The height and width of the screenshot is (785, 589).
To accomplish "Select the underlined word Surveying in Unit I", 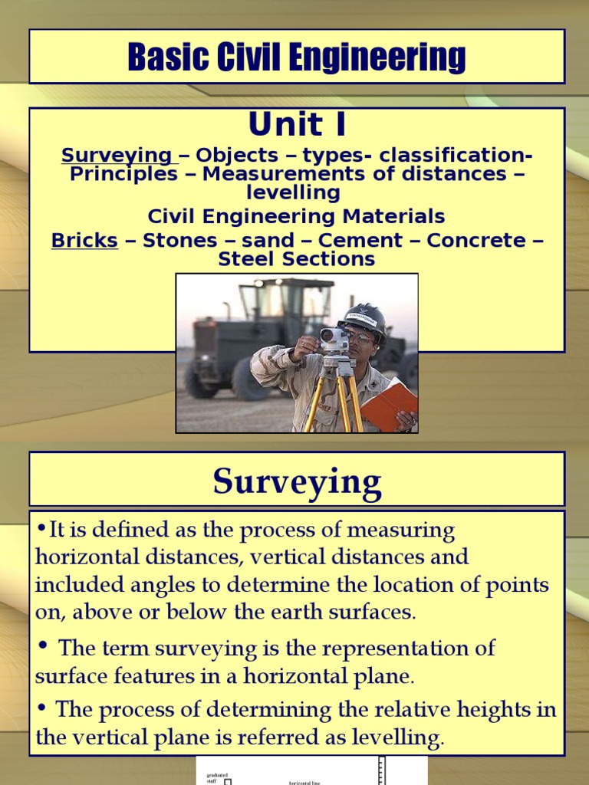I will click(x=117, y=156).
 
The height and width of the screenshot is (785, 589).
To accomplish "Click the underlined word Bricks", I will click(x=84, y=241).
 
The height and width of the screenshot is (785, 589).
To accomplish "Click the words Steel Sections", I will click(x=297, y=259).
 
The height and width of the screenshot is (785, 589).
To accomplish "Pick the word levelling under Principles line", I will click(x=297, y=192).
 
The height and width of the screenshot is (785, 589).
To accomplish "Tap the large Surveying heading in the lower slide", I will click(x=297, y=482).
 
